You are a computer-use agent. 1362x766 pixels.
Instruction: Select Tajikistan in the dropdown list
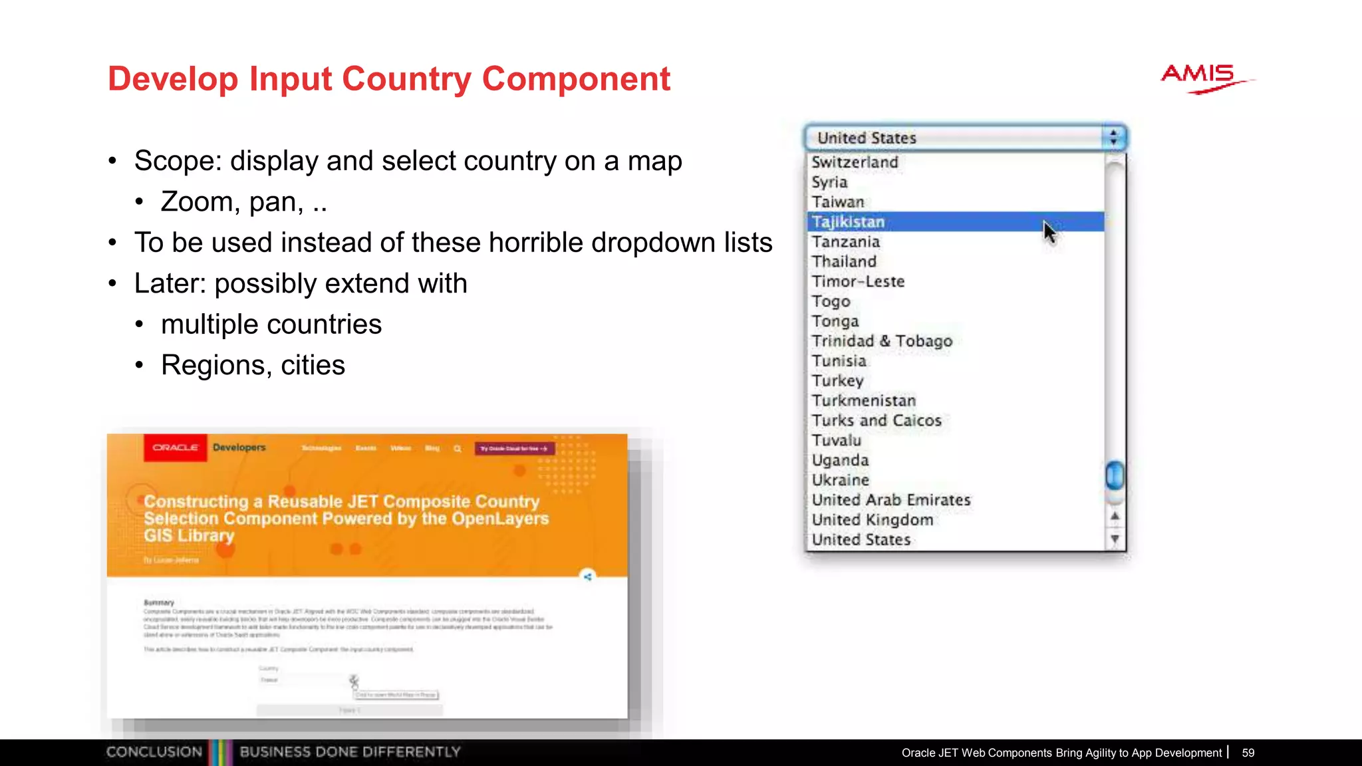point(849,222)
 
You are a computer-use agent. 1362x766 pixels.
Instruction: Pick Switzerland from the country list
point(855,162)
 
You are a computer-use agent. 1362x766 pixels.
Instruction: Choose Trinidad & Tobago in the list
point(882,341)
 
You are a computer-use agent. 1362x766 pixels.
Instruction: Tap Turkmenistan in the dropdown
point(863,401)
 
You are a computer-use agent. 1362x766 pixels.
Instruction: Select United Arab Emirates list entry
point(890,500)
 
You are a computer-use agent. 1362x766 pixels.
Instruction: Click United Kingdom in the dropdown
point(872,520)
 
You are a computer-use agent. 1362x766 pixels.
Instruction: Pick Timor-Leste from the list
point(858,282)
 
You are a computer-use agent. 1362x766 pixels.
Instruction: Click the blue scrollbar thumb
point(1115,475)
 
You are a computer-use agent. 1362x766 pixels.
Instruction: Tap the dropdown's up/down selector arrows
point(1113,138)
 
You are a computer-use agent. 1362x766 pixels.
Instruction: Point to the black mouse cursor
point(1049,232)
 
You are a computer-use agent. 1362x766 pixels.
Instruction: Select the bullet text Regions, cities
point(253,365)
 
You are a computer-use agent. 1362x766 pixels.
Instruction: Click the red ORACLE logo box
point(175,447)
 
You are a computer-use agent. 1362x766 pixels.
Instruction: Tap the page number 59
point(1248,753)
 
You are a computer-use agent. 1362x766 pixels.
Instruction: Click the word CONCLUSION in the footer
point(154,752)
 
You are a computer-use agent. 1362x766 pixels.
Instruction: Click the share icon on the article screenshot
point(587,576)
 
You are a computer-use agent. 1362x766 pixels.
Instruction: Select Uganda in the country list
point(840,460)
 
